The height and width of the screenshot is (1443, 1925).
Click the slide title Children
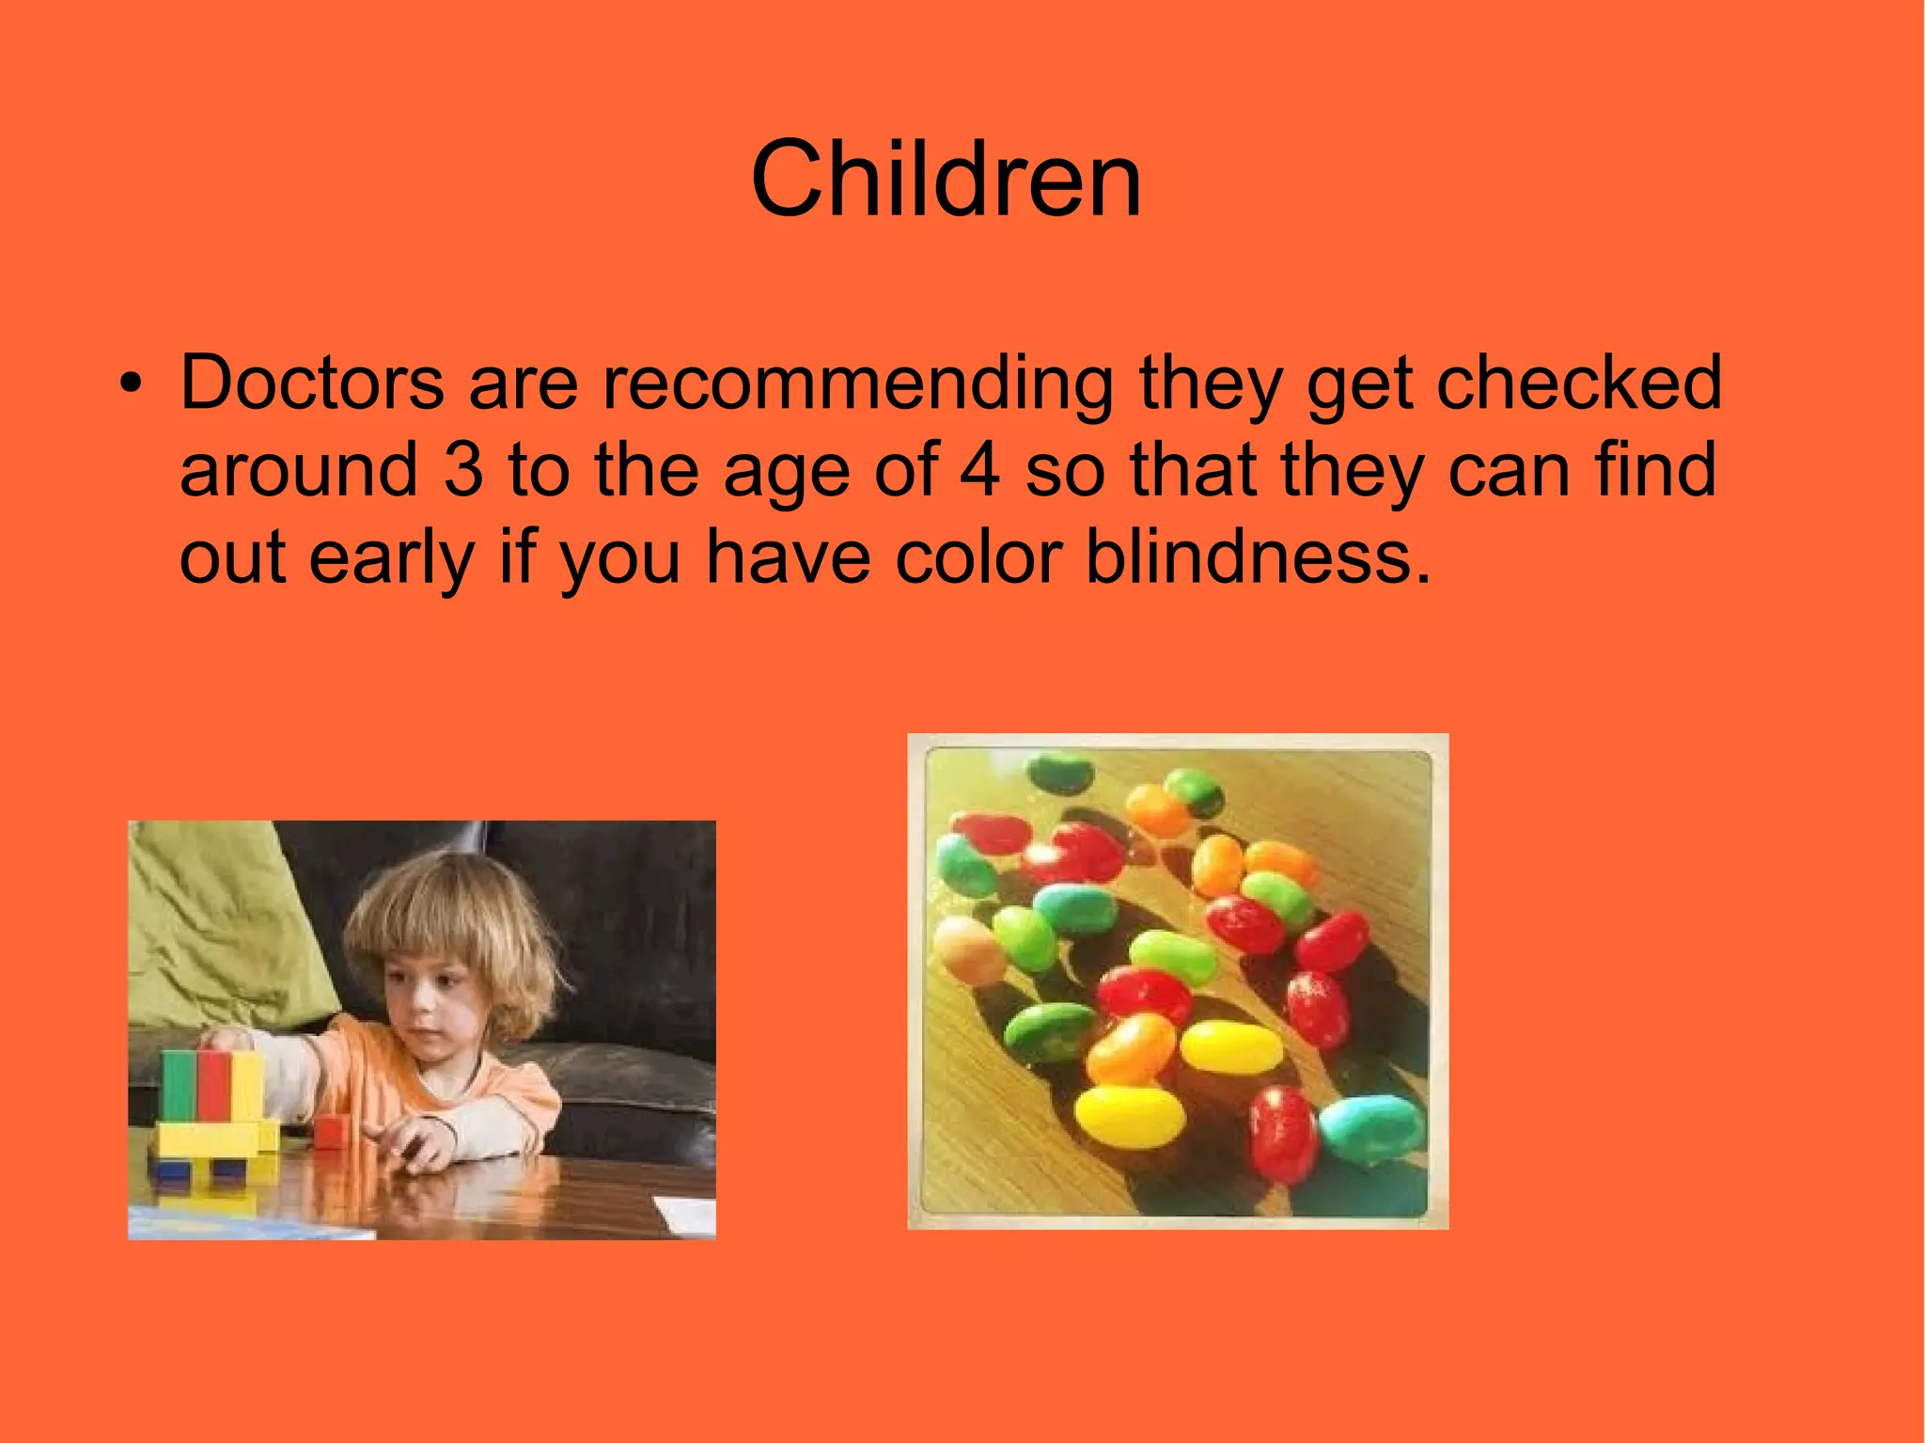tap(946, 179)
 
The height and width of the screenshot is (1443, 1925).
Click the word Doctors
tap(311, 383)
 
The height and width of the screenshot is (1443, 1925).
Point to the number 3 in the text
tap(462, 470)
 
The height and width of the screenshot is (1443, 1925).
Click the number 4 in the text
tap(978, 470)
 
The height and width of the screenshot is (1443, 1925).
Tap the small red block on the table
tap(331, 1130)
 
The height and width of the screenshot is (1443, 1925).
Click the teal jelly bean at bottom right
tap(1372, 1128)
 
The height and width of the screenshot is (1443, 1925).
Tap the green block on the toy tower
tap(178, 1086)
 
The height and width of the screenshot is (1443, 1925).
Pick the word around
tap(298, 470)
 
